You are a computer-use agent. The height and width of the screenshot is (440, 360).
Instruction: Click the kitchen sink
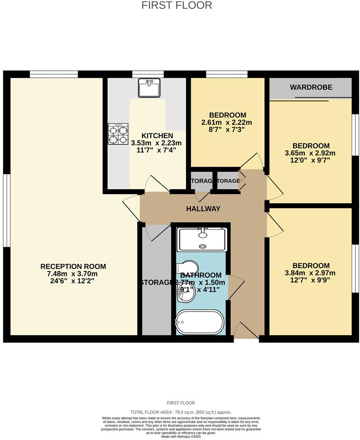149,88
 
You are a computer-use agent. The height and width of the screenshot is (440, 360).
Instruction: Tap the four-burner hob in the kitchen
118,134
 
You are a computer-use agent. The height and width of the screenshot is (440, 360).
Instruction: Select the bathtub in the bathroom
200,322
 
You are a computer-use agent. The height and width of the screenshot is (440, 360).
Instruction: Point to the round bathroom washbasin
185,295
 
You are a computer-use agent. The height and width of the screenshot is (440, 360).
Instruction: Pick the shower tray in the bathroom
202,239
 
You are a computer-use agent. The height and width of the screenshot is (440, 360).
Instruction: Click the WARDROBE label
311,87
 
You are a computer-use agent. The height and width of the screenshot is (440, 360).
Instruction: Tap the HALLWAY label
203,209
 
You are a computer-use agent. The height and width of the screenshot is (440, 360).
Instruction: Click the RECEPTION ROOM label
73,266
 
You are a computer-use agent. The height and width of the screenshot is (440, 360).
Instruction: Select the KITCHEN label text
157,136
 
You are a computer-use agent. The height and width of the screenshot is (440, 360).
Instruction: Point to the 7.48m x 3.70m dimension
73,274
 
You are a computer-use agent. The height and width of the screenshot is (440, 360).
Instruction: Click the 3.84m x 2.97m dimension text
311,273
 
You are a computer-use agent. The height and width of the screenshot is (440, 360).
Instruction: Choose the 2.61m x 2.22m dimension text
227,123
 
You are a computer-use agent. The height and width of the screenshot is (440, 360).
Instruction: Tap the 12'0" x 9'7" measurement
311,160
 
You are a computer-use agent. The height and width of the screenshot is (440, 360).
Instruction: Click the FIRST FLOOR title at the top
177,5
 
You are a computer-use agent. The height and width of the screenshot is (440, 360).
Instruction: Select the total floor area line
181,412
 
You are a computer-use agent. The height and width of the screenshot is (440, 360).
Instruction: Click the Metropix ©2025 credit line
181,437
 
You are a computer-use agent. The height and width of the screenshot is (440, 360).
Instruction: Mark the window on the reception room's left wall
6,210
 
